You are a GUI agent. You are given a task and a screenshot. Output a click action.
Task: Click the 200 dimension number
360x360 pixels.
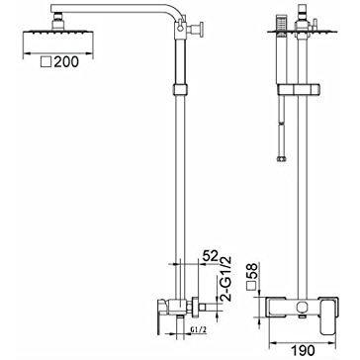(66, 62)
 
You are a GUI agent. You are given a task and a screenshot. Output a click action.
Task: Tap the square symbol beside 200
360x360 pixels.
(46, 62)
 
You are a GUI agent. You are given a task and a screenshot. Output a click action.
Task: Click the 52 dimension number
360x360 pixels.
(211, 256)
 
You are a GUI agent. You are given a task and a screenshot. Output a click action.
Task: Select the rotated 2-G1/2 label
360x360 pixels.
(226, 279)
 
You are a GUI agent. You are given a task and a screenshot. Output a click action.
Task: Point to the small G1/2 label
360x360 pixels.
(199, 329)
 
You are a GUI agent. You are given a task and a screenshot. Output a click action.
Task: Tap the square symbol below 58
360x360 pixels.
(253, 287)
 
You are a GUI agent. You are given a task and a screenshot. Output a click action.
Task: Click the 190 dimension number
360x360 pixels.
(304, 351)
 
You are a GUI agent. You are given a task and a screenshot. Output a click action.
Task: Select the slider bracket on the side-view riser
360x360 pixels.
(180, 90)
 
